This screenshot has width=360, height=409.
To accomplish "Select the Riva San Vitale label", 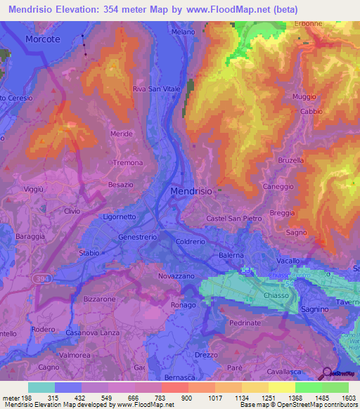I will (x=157, y=89).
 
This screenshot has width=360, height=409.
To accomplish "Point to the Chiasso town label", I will (x=278, y=296).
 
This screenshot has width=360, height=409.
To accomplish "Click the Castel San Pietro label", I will (x=234, y=219).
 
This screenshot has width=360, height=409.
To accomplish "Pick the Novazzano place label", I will (x=176, y=276).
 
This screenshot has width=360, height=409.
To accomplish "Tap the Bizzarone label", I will (x=99, y=299).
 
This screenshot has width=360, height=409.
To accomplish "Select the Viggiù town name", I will (x=34, y=190).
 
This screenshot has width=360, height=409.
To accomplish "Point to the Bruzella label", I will (x=291, y=160).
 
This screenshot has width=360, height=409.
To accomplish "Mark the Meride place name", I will (x=122, y=134).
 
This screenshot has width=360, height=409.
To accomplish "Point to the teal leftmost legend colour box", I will (x=41, y=387).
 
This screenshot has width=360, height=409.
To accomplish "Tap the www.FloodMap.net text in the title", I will (x=225, y=10).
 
